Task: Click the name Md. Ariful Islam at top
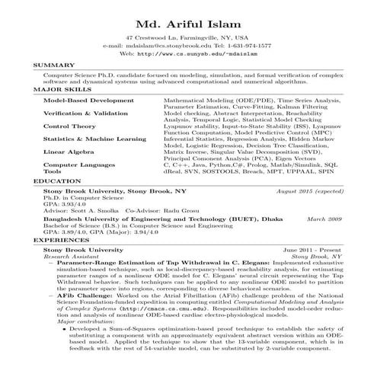click(x=188, y=19)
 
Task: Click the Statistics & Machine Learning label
click(x=94, y=139)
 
